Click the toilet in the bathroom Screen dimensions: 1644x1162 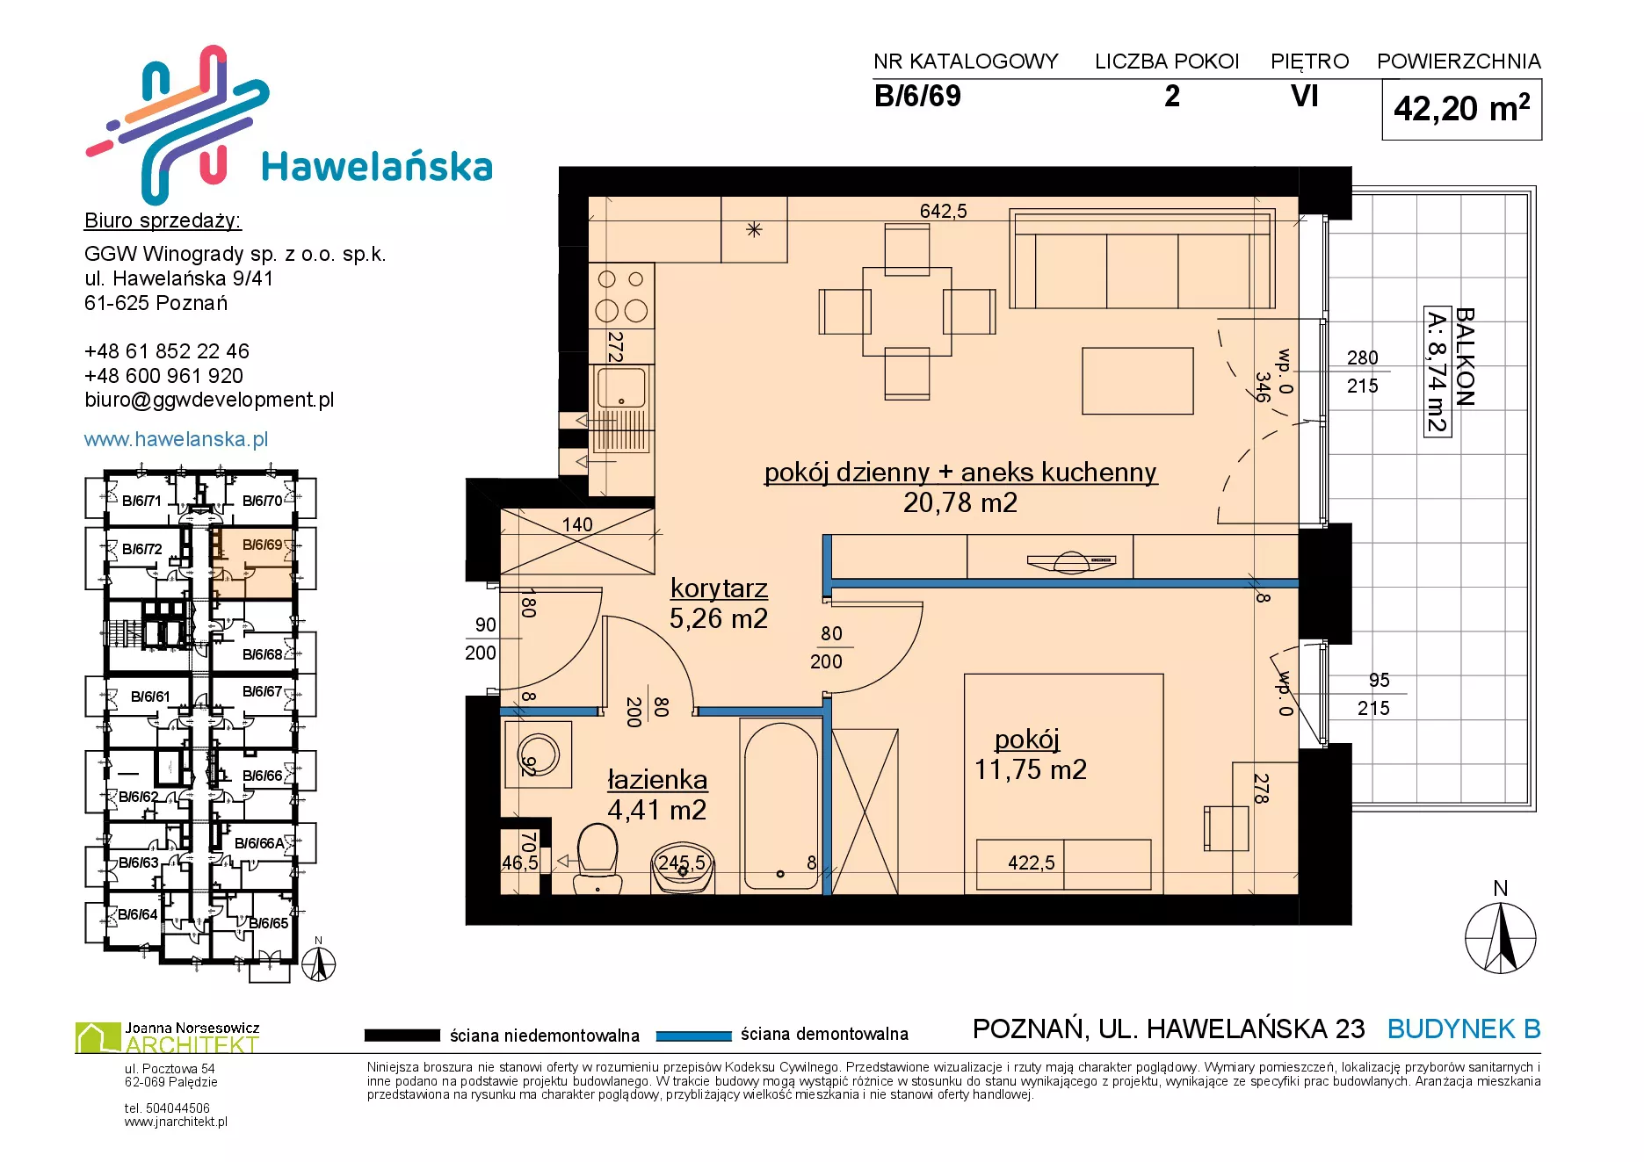597,858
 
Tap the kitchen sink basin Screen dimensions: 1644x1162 620,388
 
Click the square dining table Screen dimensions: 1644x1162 907,311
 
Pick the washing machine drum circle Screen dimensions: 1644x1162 535,754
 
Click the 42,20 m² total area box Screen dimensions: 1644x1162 1461,109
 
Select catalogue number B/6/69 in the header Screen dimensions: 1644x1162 917,96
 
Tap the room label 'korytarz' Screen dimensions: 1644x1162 719,588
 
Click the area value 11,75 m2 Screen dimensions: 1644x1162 1030,769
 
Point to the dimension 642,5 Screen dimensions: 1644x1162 943,211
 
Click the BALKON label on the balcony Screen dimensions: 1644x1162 1465,356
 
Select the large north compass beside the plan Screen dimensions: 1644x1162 1501,938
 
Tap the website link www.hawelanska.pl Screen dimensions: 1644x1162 176,439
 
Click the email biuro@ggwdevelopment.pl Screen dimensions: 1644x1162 209,401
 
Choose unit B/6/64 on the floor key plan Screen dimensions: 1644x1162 138,914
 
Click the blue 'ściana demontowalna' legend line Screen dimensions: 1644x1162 694,1036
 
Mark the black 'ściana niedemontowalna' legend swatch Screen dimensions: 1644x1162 402,1036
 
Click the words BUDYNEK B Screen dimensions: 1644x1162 1464,1028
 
